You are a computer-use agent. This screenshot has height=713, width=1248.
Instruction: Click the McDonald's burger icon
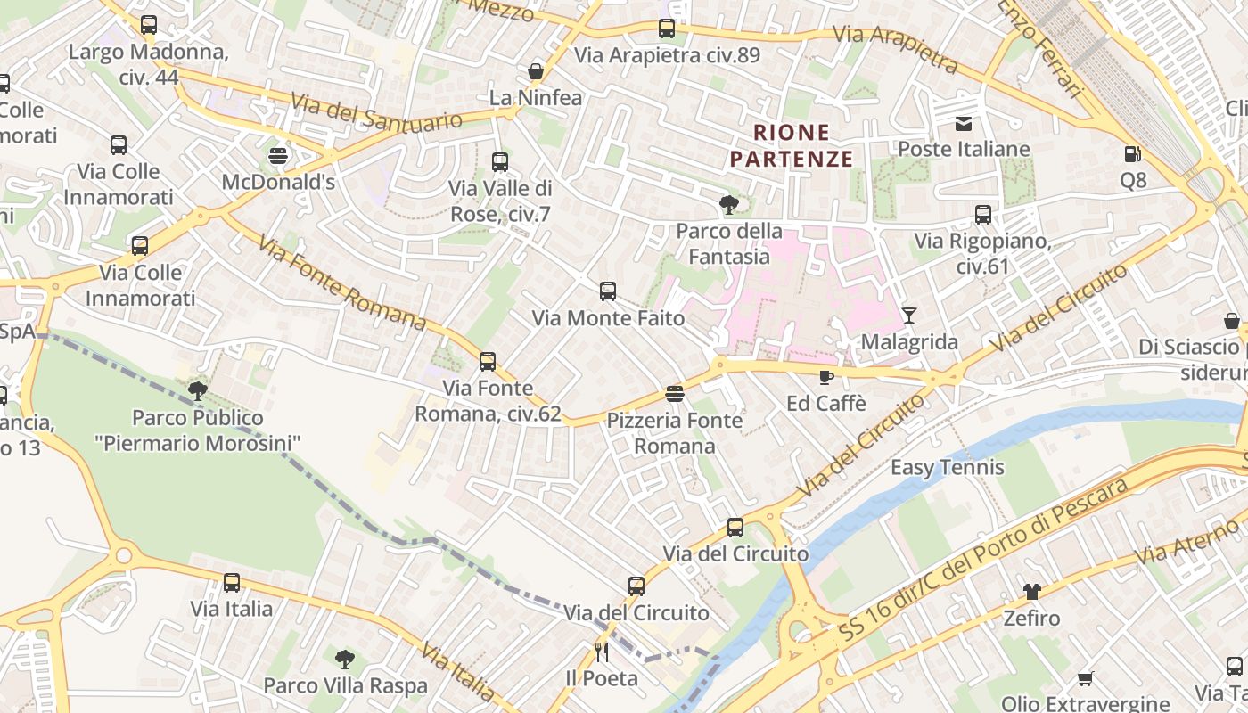278,156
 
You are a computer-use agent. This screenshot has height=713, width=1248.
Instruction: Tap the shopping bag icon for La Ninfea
536,71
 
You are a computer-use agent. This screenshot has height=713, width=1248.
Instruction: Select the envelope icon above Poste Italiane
964,123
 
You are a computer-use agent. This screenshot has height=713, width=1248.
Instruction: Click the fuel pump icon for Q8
1132,154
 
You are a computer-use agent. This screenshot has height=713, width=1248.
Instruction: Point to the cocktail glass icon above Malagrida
908,315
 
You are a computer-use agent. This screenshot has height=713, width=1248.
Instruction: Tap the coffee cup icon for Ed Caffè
826,377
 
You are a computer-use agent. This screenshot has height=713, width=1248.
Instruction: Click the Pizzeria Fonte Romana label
675,433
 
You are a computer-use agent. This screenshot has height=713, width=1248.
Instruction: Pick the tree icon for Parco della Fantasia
729,205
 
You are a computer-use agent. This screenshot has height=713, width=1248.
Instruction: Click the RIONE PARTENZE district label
792,146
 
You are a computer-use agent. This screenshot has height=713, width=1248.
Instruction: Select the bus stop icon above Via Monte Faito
608,291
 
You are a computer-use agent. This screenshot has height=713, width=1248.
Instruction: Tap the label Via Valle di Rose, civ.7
500,201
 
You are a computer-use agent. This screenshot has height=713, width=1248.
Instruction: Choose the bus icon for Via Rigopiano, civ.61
983,214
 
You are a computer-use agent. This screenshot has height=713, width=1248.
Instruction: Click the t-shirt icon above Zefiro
1031,591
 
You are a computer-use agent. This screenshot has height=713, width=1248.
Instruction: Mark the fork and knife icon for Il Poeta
603,652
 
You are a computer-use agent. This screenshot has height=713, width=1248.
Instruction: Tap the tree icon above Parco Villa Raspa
345,660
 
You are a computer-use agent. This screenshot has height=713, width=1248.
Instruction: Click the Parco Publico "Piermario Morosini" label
198,430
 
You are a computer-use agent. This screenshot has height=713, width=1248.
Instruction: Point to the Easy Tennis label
948,467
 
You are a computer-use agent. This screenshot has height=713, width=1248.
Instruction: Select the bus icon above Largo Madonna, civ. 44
149,25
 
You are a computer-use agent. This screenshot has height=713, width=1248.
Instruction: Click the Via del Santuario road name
377,111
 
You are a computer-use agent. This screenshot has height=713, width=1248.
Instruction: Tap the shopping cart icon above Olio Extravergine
1085,678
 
